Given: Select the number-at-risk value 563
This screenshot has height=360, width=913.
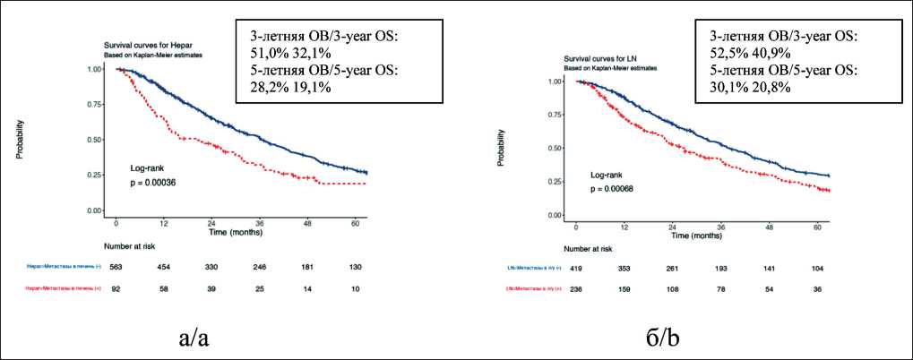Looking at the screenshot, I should [116, 267].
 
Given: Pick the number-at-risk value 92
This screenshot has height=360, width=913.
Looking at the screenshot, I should [116, 288].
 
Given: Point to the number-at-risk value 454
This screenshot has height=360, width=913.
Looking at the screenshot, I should [164, 267].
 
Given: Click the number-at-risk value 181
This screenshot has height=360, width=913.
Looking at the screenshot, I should [307, 267].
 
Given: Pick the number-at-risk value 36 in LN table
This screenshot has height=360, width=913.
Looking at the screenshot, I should [814, 288].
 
